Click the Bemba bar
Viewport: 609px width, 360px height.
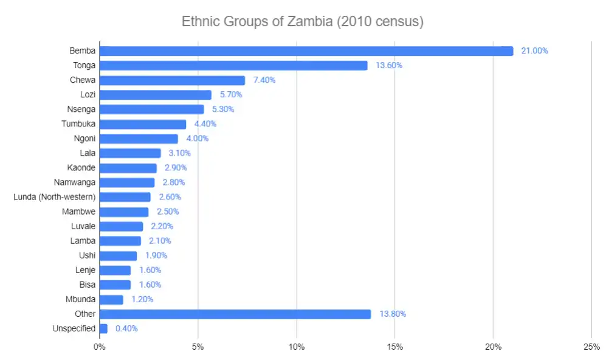(306, 51)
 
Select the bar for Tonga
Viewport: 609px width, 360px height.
(233, 66)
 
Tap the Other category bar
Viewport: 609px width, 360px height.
(235, 314)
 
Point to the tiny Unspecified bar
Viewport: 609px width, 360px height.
(103, 328)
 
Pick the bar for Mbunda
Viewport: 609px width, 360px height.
(111, 299)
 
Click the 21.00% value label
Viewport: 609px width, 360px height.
(534, 51)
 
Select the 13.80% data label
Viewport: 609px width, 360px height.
(392, 314)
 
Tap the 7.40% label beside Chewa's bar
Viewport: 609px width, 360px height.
(264, 80)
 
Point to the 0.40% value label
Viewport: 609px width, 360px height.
(126, 328)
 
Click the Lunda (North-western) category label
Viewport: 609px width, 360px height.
(54, 197)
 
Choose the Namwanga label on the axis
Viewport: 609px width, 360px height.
(75, 182)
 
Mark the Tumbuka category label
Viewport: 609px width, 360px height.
(78, 124)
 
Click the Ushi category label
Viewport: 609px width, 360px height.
(87, 255)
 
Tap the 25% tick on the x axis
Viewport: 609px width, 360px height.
(591, 347)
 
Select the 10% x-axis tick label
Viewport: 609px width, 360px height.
(296, 347)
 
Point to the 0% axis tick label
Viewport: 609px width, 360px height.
(100, 347)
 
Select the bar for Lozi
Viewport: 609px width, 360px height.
(155, 95)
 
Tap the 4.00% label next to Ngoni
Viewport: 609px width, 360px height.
(197, 139)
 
